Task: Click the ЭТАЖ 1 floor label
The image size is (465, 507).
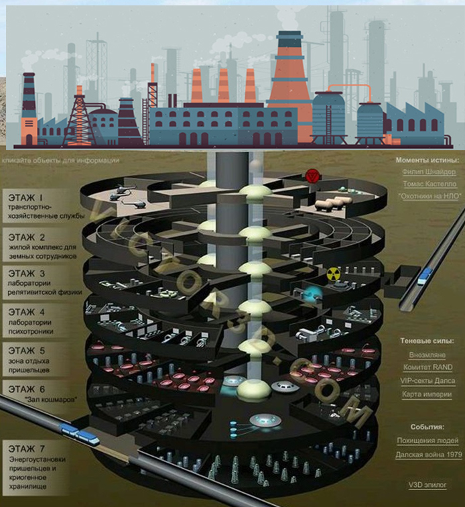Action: (x=25, y=197)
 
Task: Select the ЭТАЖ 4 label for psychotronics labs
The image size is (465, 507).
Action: (x=27, y=312)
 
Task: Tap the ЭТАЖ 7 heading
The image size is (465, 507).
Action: (x=27, y=449)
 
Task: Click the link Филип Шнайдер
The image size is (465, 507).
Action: (x=429, y=172)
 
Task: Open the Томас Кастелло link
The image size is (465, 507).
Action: (x=429, y=184)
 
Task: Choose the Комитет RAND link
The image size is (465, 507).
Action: (x=427, y=368)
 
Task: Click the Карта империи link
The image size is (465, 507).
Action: (x=427, y=394)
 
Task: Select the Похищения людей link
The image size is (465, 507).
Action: (x=427, y=441)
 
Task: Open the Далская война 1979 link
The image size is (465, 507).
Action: (x=429, y=455)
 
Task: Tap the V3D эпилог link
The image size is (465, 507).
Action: (x=427, y=485)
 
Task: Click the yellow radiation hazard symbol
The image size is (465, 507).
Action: (x=334, y=274)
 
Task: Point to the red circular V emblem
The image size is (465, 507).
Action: (x=312, y=176)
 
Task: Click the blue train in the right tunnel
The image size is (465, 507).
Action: (x=425, y=277)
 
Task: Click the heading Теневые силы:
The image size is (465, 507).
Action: (x=427, y=341)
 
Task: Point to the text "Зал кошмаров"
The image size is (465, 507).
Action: (x=52, y=399)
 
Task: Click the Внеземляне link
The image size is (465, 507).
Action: (x=427, y=355)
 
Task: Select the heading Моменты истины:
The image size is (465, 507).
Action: (x=427, y=160)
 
